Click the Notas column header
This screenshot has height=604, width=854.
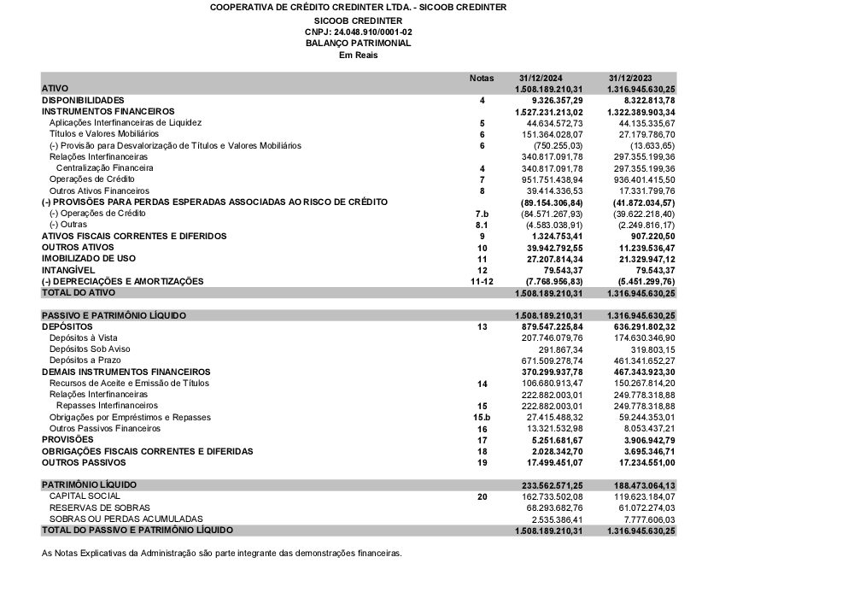coord(482,78)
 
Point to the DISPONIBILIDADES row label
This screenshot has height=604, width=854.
coord(83,100)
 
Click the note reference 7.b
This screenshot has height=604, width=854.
coord(482,213)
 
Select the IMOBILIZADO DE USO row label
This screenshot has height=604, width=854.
coord(89,258)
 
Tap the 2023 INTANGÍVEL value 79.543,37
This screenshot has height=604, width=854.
coord(653,270)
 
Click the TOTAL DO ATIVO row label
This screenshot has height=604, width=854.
coord(78,292)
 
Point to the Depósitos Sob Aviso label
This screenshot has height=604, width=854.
coord(90,349)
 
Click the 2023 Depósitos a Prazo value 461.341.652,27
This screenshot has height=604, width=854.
coord(642,361)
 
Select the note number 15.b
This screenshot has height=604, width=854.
coord(482,417)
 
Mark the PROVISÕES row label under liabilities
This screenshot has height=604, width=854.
coord(68,439)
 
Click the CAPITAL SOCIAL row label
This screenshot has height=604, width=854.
coord(85,496)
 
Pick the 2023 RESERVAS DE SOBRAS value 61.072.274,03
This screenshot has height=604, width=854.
coord(645,507)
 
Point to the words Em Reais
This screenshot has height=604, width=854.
coord(358,55)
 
